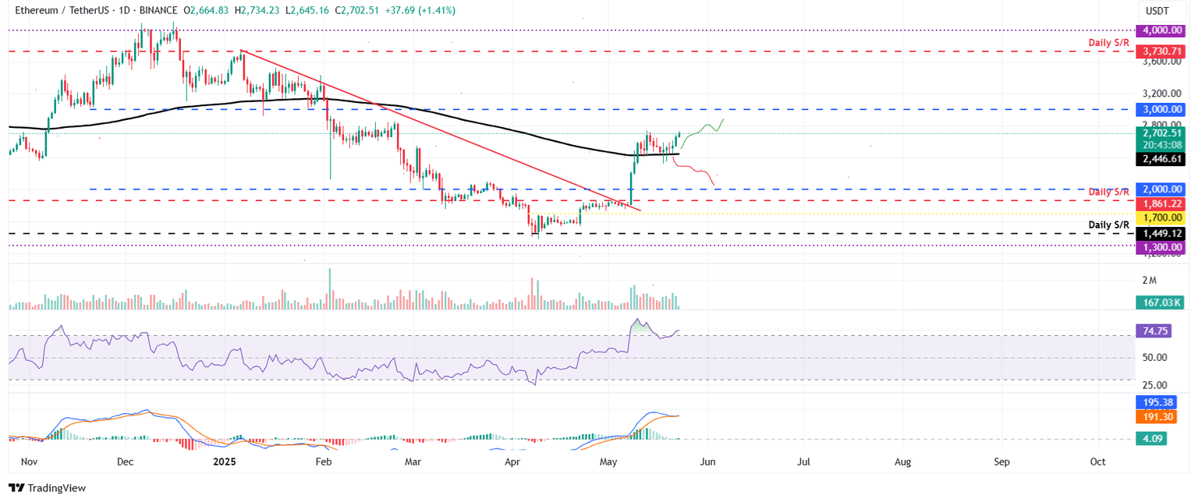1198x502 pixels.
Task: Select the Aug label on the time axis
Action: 902,461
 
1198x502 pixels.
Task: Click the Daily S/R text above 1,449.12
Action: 1108,224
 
